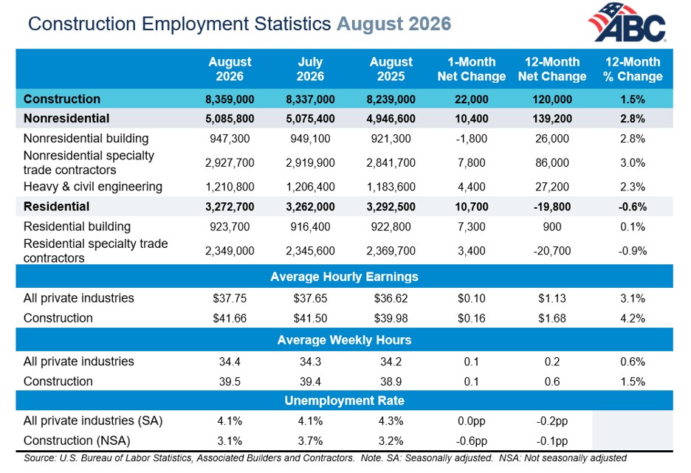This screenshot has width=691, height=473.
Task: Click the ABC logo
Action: (x=627, y=22)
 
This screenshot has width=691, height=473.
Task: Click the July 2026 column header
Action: (x=310, y=69)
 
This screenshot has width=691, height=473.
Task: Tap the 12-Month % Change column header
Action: (x=633, y=69)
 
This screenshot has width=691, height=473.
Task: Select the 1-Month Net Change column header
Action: (x=472, y=69)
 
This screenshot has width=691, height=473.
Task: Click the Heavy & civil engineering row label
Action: (x=93, y=187)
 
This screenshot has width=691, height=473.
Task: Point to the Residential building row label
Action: (x=77, y=227)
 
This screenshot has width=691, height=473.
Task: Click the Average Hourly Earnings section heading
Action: (x=344, y=277)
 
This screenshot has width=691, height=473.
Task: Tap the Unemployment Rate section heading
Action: (x=344, y=401)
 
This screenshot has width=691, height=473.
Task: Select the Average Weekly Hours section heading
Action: (x=344, y=340)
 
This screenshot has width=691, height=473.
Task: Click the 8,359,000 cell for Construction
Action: (x=230, y=100)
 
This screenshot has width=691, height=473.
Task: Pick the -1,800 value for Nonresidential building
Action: (x=472, y=139)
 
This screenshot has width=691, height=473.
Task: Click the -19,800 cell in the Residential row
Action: (x=552, y=207)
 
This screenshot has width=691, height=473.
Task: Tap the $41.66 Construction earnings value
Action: (x=230, y=318)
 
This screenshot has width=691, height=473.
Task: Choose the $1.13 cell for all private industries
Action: (x=552, y=298)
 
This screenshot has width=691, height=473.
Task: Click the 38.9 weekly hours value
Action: (x=391, y=381)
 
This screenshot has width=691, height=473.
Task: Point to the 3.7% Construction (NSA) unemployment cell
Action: (x=310, y=441)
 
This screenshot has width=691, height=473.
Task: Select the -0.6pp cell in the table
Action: (x=472, y=441)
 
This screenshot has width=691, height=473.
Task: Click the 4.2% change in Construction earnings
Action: (x=633, y=318)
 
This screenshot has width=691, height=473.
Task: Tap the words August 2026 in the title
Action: (x=394, y=24)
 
